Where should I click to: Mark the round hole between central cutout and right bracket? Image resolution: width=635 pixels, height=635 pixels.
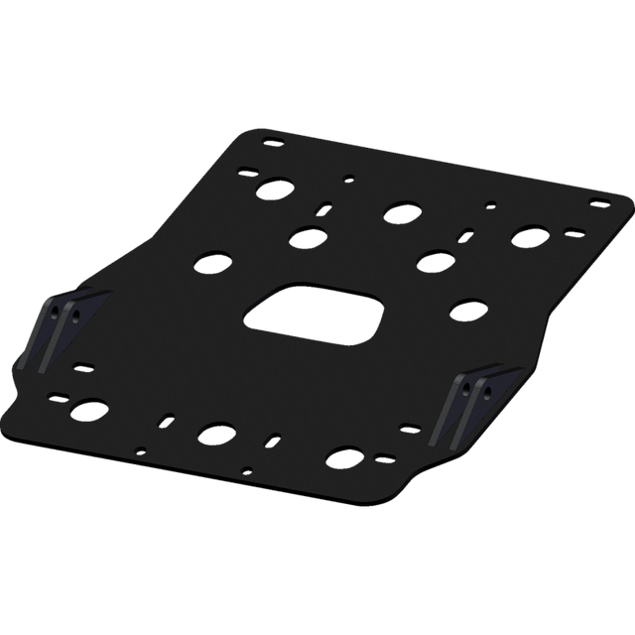464,311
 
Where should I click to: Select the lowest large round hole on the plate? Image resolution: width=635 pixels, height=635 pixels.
342,458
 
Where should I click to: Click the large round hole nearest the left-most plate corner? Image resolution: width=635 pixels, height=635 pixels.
89,408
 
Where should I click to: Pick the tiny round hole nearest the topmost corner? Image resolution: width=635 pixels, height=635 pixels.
347,180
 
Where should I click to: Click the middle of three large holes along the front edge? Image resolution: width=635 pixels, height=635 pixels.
212,433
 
